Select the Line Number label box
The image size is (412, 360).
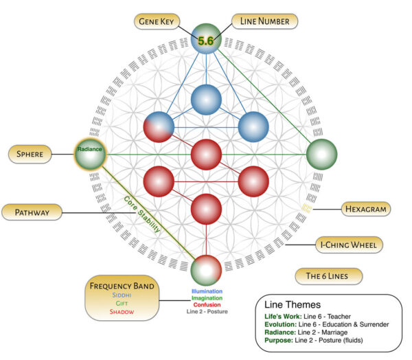click(265, 21)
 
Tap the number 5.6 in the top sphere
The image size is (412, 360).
click(206, 41)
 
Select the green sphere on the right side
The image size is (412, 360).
click(321, 155)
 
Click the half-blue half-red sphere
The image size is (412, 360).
click(159, 127)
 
